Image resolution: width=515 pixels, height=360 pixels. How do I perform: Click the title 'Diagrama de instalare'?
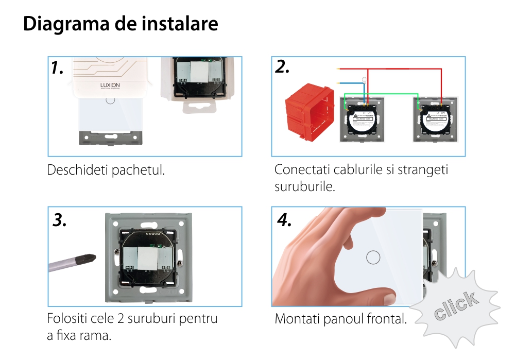point(121,24)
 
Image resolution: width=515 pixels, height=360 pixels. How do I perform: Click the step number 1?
point(57,68)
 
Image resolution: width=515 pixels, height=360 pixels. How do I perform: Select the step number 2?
point(282,67)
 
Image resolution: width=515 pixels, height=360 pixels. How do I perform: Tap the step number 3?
point(60,220)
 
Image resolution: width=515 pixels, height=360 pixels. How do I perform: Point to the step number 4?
point(284,220)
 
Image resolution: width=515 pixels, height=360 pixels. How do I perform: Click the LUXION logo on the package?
point(109,85)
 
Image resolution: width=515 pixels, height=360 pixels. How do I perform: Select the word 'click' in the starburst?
point(455,306)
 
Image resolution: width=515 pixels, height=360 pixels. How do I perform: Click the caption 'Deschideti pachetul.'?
point(106,170)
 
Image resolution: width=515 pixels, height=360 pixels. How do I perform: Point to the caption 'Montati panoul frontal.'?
point(340,319)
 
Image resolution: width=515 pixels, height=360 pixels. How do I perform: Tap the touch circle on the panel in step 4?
point(372,257)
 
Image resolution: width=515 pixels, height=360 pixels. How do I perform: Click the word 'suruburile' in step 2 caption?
point(305,186)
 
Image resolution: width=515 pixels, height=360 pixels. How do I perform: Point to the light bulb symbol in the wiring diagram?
point(365,80)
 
